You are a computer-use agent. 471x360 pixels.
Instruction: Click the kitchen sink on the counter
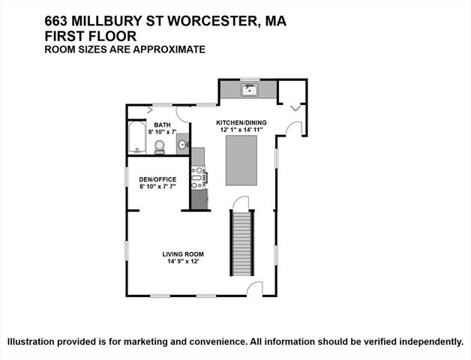click(250, 91)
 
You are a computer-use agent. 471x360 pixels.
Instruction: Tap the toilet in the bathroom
click(159, 149)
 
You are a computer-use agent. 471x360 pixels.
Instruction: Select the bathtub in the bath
click(136, 137)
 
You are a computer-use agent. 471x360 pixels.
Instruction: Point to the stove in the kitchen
click(199, 178)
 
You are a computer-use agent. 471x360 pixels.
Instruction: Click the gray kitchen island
click(241, 163)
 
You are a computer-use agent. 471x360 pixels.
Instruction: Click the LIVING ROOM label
click(183, 254)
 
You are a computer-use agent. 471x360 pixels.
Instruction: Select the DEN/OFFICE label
click(157, 178)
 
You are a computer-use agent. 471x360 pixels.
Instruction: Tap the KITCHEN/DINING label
click(241, 121)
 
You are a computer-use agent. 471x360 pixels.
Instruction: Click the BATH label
click(162, 124)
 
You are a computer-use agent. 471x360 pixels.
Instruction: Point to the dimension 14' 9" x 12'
click(183, 262)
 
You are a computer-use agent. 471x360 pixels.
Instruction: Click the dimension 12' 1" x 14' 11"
click(241, 129)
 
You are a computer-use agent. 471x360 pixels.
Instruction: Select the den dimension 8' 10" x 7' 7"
click(157, 187)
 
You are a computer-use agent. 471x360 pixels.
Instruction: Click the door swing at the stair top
click(240, 203)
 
